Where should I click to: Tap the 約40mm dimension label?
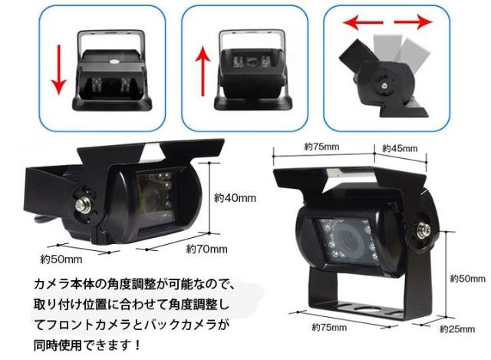[x=234, y=198]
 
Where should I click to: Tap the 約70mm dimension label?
[x=207, y=249]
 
